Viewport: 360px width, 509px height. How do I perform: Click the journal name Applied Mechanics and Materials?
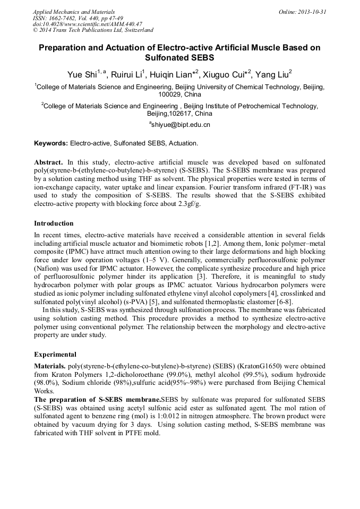[74, 11]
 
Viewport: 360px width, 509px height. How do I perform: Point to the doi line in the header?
[88, 24]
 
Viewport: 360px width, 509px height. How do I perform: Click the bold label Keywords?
[51, 143]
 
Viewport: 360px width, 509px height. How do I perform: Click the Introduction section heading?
[54, 223]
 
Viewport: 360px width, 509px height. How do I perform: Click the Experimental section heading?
[55, 355]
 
